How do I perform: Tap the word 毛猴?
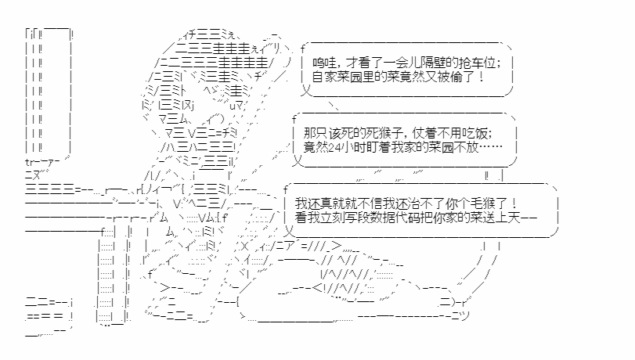pos(492,203)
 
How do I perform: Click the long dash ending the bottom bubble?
pos(529,218)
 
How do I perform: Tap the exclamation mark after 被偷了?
pos(478,78)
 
